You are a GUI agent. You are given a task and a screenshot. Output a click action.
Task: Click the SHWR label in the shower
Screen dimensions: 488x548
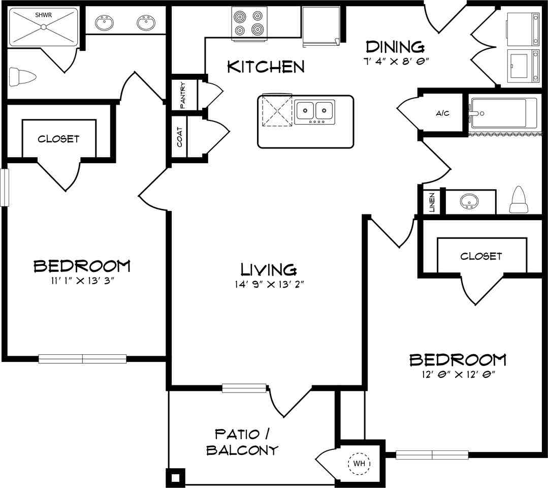(x=43, y=15)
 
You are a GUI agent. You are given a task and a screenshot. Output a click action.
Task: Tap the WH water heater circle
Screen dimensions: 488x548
(x=359, y=464)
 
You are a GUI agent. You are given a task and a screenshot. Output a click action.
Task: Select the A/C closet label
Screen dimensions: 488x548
(x=442, y=113)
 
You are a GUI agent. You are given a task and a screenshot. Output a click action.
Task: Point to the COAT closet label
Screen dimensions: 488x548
(x=180, y=137)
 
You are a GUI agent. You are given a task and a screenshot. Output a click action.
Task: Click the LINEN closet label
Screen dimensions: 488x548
(x=432, y=202)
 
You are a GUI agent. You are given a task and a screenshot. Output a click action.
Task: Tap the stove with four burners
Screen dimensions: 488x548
(x=249, y=23)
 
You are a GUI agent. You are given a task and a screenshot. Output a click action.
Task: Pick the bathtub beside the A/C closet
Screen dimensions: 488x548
(x=502, y=113)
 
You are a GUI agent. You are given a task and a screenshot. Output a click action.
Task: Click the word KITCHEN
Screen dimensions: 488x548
(x=266, y=67)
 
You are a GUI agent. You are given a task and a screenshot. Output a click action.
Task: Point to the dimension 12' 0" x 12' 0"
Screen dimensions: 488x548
(x=458, y=375)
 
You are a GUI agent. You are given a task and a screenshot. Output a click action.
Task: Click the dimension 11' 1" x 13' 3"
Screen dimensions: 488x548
(x=82, y=281)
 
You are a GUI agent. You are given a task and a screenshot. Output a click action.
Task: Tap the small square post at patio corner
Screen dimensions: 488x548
(x=175, y=477)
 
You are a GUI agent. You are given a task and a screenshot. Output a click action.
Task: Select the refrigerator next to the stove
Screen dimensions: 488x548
(x=321, y=26)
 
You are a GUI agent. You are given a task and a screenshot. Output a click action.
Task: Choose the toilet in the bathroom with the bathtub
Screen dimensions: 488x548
(x=519, y=201)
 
